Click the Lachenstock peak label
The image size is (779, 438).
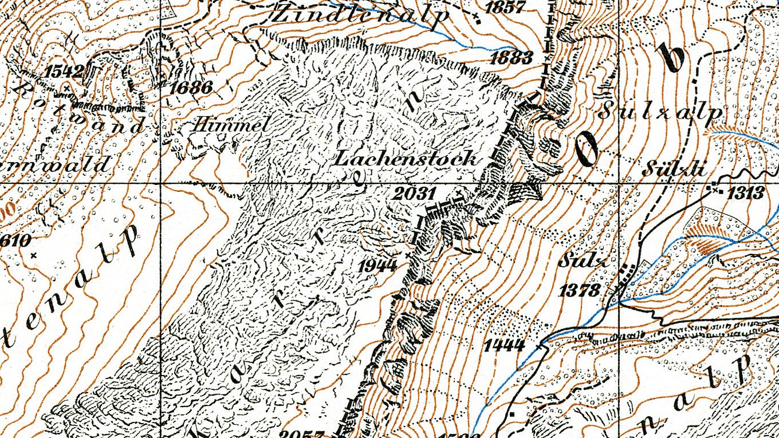click(x=406, y=158)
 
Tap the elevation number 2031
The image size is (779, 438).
click(x=414, y=194)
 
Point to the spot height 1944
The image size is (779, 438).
click(x=379, y=265)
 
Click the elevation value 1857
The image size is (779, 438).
click(x=504, y=7)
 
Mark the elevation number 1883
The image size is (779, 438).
click(x=512, y=57)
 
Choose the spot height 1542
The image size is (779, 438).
click(x=64, y=72)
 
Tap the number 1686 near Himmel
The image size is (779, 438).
click(x=191, y=88)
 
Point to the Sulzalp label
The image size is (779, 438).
click(x=660, y=112)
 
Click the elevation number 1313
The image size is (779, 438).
click(x=746, y=193)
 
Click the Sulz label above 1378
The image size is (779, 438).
click(x=581, y=262)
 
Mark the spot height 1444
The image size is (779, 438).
click(x=504, y=345)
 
